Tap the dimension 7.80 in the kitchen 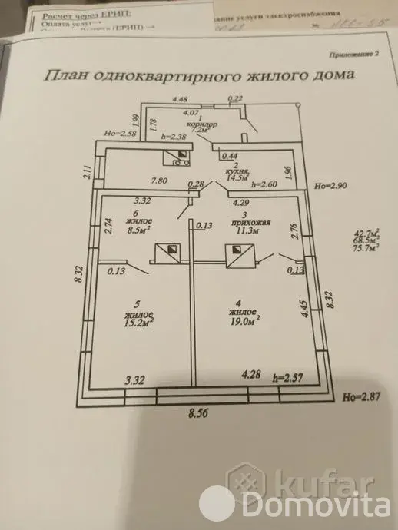tap(161, 181)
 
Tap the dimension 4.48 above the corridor tap(181, 99)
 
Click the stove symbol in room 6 tap(167, 253)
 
